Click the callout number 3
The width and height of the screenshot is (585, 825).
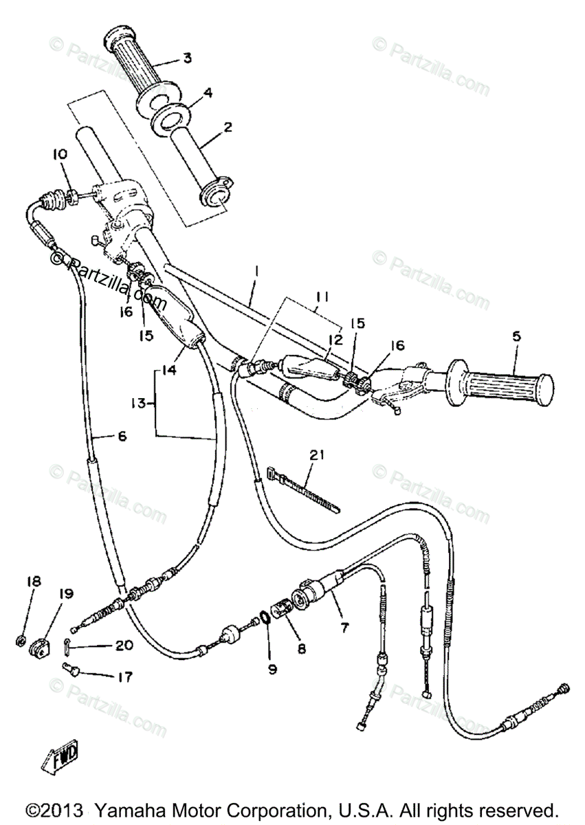188,58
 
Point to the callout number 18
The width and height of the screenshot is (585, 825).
34,582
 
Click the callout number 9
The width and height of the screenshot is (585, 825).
272,668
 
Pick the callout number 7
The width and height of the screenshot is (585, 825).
344,627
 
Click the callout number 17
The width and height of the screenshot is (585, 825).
124,677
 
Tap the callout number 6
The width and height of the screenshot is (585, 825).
122,435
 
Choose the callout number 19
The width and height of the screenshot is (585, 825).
66,593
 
